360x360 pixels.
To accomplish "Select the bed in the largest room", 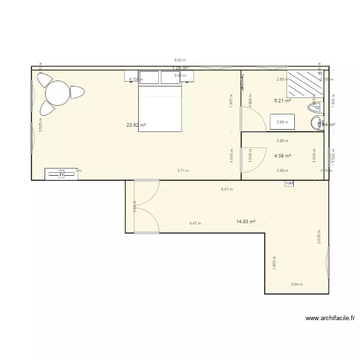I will coord(160,108).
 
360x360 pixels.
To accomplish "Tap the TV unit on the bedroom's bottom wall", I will coord(61,174).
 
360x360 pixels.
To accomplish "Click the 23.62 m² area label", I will coord(136,125).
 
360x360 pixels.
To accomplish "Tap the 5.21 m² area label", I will coord(282,101).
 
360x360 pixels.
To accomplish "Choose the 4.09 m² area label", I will coord(282,156).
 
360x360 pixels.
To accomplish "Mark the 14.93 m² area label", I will coord(245,222).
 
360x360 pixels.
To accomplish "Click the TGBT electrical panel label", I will coord(288,183).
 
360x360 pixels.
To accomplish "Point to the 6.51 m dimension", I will coord(227,189).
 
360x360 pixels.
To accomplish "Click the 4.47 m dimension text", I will coord(195,223).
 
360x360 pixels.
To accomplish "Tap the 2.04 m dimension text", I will coord(297,284).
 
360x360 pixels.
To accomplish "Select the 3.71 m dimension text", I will coord(183,170).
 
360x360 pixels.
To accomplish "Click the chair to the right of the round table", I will coord(76,92).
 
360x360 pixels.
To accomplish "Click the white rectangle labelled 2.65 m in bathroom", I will coord(282,122).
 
